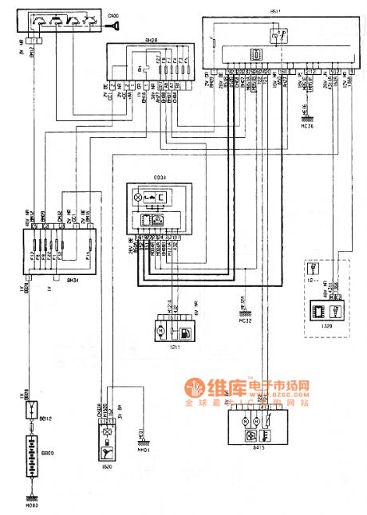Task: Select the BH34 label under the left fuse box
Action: [x=73, y=259]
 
